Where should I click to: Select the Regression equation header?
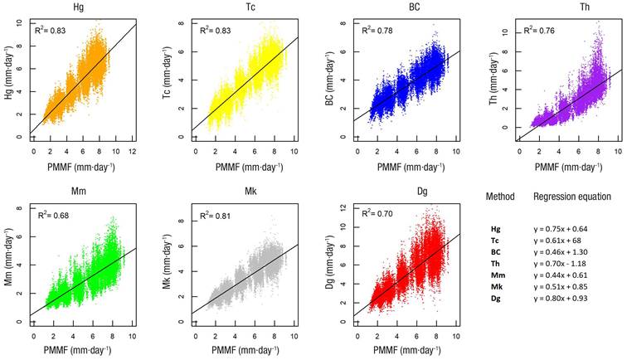(x=572, y=197)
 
